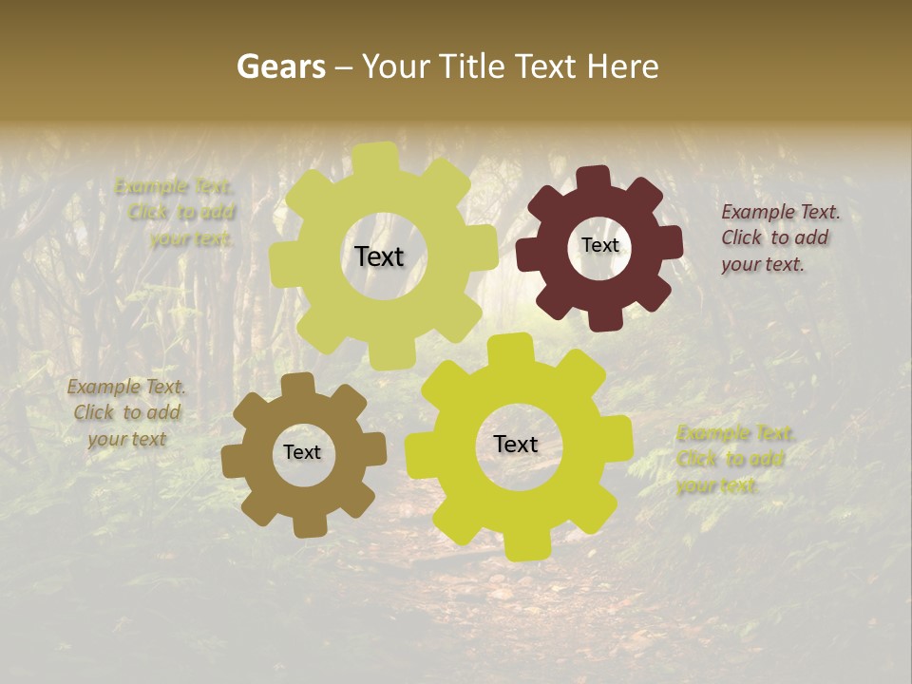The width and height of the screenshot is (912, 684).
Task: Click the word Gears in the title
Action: (280, 66)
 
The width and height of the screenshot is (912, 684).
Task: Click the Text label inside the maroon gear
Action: (599, 245)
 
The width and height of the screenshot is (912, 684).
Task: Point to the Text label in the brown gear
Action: (302, 452)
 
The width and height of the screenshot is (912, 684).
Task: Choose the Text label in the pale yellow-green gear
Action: (379, 256)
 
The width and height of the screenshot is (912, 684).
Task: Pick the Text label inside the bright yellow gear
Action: (516, 444)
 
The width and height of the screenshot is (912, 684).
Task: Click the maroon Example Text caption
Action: (780, 237)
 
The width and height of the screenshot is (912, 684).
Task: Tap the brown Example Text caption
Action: (126, 412)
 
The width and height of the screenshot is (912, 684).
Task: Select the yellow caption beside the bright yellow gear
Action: (735, 460)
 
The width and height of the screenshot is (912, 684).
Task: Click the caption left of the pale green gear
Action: (175, 212)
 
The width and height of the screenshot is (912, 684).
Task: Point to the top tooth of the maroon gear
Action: (594, 178)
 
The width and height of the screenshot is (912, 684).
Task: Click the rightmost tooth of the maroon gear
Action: (671, 243)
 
